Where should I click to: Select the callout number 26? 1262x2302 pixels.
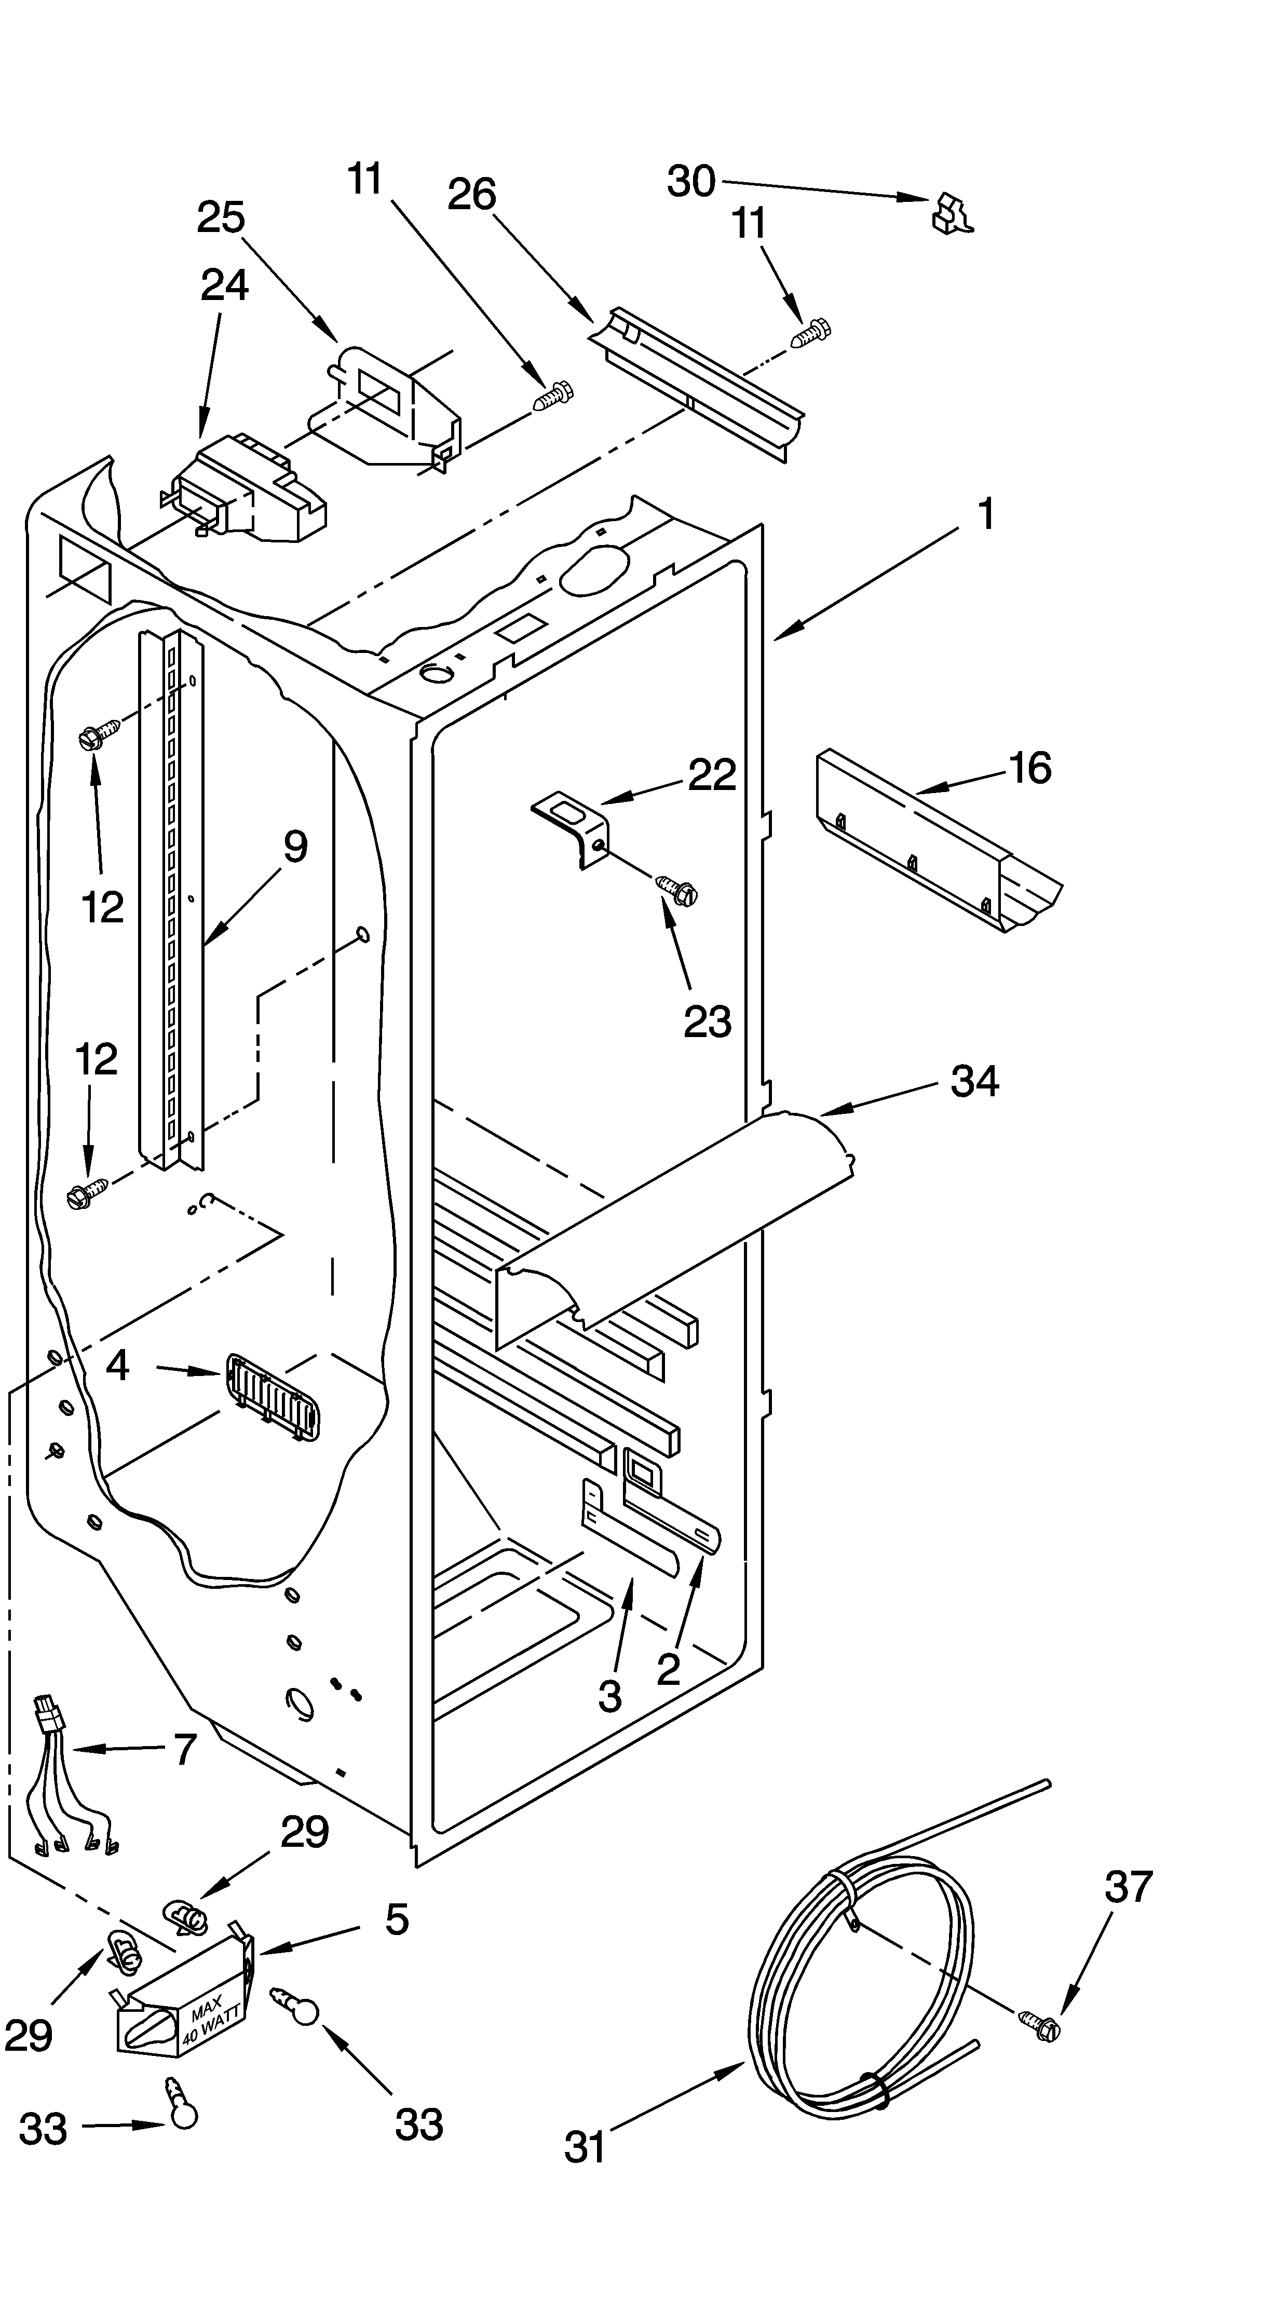(472, 194)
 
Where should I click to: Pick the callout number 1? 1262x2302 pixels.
(986, 515)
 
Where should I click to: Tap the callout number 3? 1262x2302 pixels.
(609, 1695)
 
